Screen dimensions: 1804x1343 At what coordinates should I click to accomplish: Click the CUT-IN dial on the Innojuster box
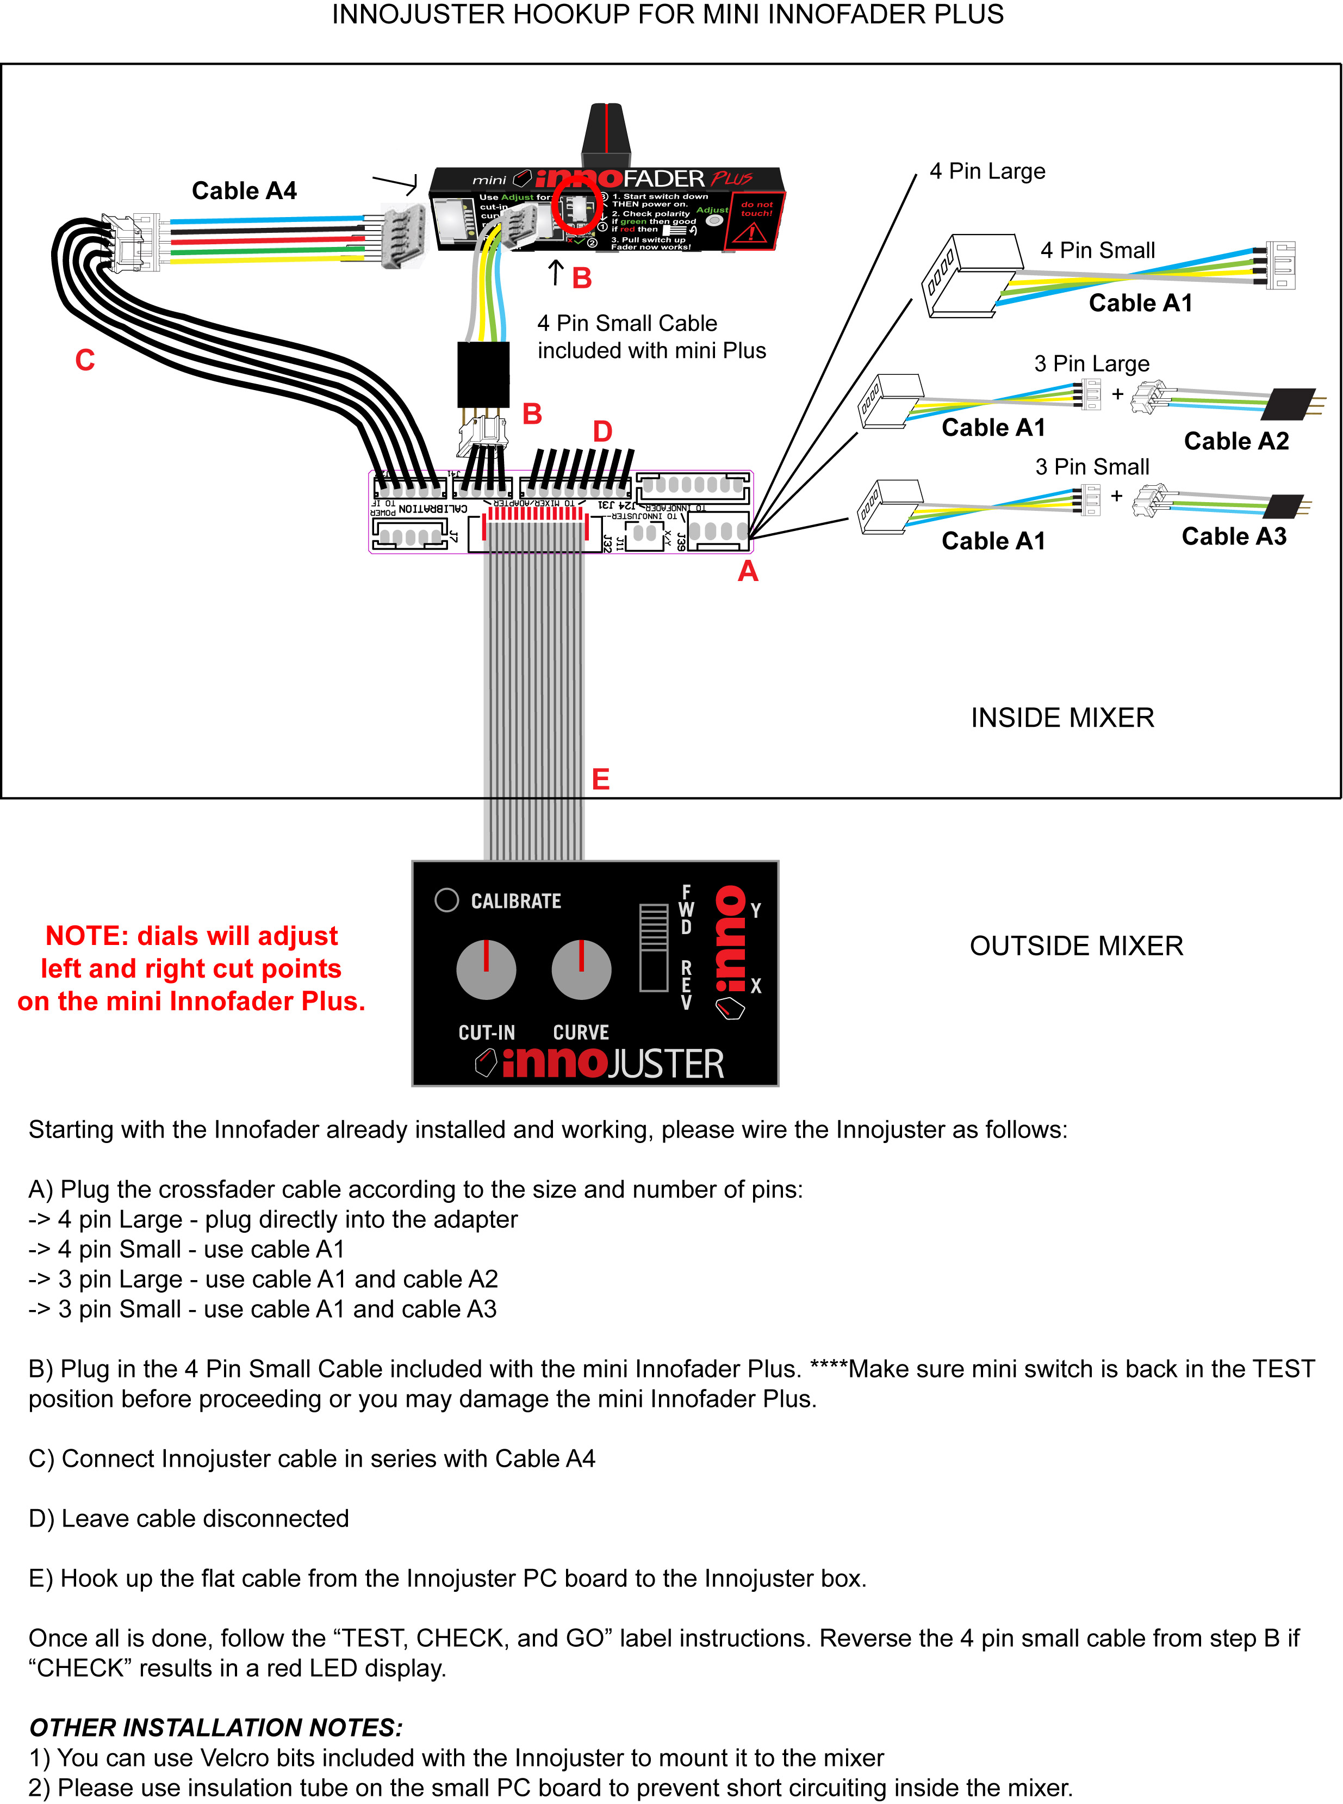click(486, 969)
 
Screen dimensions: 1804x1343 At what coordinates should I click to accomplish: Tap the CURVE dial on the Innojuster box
click(581, 969)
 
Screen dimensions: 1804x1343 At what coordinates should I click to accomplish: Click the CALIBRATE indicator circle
click(447, 900)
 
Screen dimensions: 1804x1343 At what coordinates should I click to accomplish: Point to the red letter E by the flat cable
click(601, 779)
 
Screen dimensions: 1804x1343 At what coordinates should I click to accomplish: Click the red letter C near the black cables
click(84, 360)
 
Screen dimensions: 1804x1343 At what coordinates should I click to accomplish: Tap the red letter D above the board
click(602, 431)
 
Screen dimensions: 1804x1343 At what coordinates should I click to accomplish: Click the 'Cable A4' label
click(244, 190)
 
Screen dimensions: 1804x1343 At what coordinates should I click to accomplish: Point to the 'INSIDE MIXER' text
click(1062, 718)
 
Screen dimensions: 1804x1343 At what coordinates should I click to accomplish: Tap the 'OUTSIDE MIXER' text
click(1077, 946)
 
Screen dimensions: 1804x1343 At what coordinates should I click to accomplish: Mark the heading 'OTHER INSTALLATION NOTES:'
click(215, 1727)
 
